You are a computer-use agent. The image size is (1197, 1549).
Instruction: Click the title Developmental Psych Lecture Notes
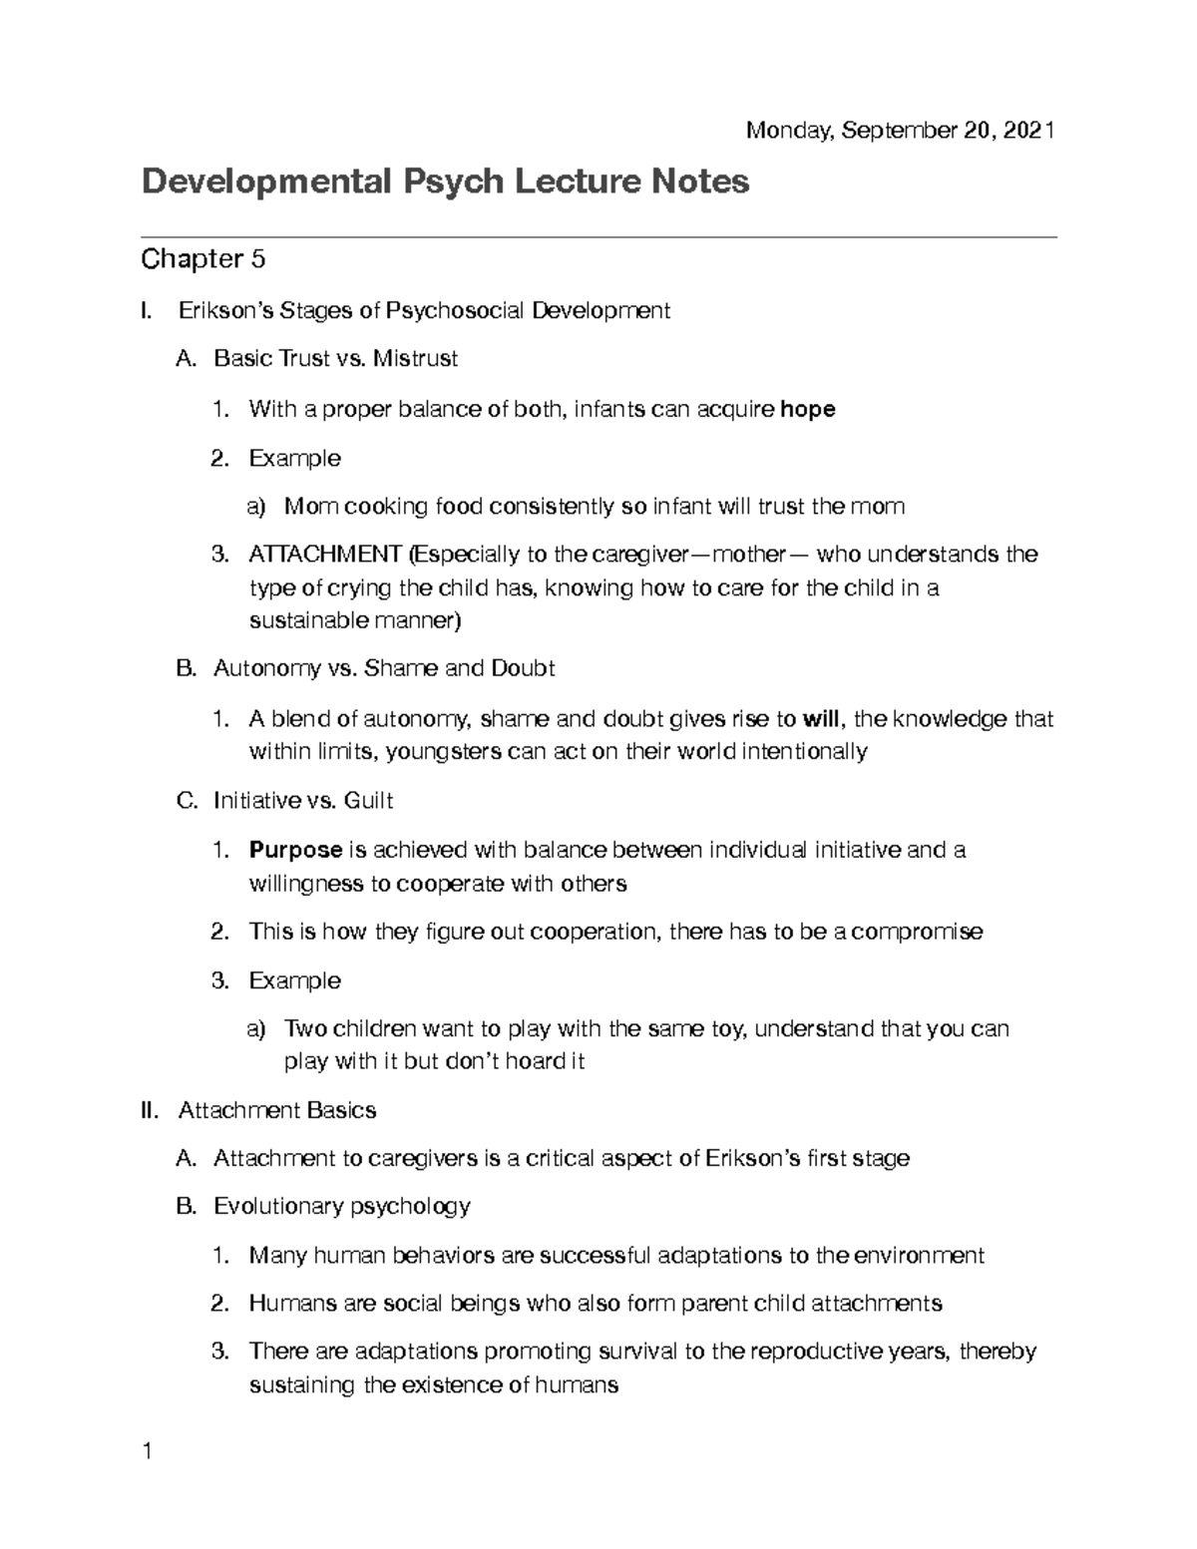[x=445, y=183]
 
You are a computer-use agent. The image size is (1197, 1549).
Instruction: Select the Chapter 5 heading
[x=203, y=259]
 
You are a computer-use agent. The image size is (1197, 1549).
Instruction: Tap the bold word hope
[x=808, y=409]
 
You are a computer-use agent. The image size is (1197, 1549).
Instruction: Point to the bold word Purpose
[x=295, y=851]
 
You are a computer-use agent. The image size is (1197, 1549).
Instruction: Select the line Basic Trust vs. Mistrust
[x=335, y=359]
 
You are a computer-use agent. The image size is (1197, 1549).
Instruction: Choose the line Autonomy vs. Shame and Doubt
[x=384, y=668]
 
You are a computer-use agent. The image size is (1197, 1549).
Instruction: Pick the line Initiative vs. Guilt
[x=303, y=801]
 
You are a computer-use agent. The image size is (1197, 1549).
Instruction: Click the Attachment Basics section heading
[x=276, y=1110]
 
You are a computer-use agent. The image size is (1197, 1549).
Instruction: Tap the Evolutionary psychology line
[x=341, y=1207]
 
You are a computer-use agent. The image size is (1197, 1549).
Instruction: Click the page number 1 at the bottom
[x=147, y=1452]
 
